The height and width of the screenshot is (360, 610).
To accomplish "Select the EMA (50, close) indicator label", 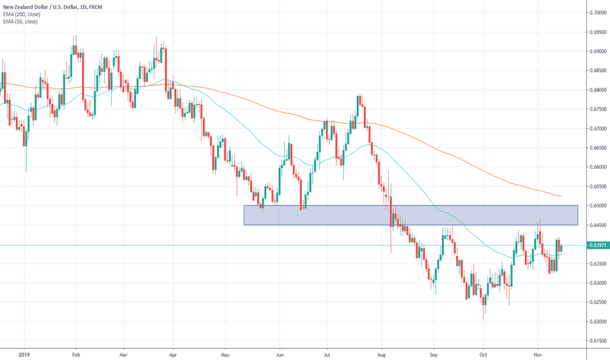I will tap(20, 22).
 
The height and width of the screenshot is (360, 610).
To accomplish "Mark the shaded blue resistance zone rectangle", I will tap(410, 215).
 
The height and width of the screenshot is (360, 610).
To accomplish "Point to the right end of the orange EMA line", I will tap(560, 196).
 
